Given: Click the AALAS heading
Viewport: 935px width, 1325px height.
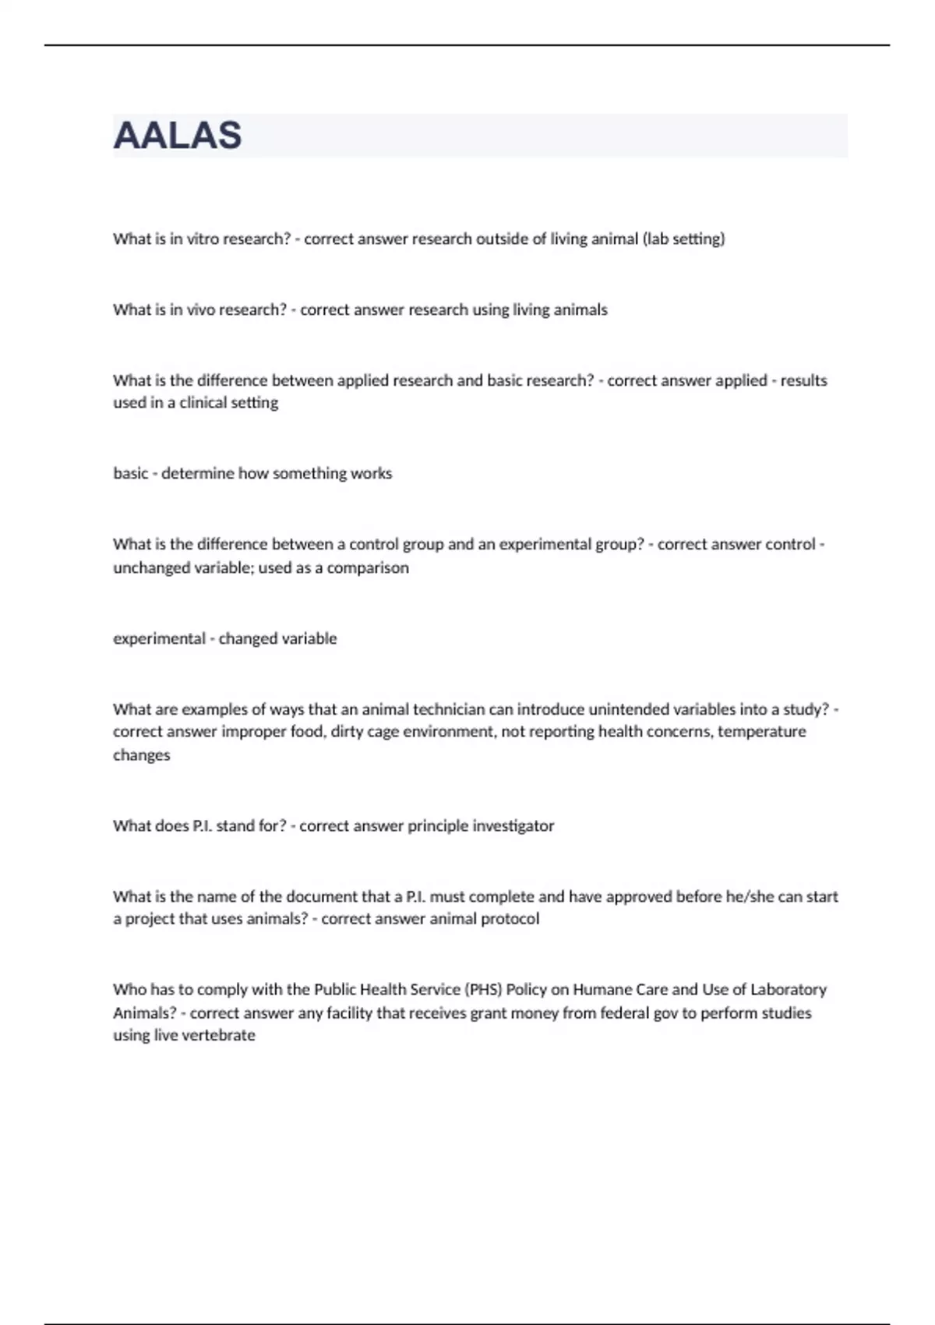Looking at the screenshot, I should click(178, 136).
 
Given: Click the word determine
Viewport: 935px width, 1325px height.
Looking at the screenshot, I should click(197, 474).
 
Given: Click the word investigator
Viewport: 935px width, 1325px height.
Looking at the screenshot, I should click(510, 826).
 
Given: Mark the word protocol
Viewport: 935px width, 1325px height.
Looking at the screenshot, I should click(510, 919).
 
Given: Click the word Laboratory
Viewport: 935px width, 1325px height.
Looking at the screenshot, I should click(788, 990).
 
